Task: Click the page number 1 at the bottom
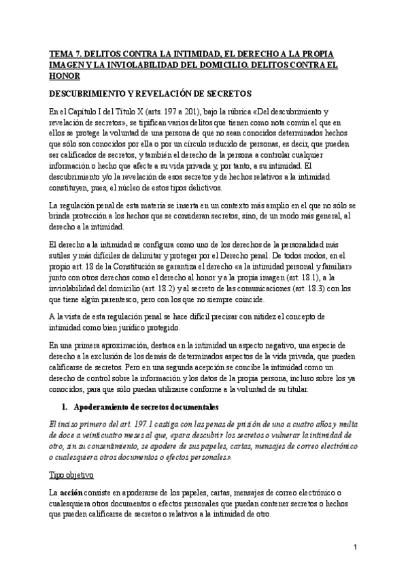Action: [x=356, y=547]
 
